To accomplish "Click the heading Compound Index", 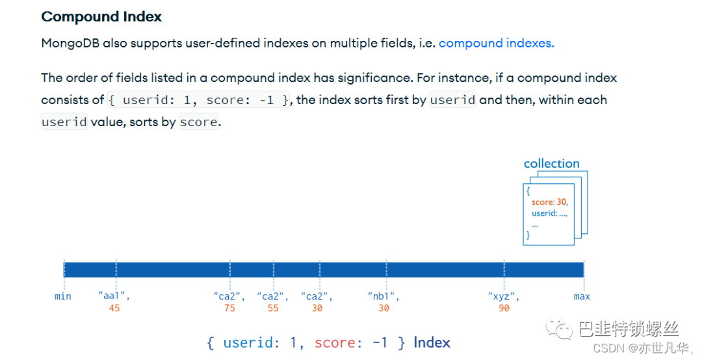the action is click(x=101, y=16).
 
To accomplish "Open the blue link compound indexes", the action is click(x=497, y=43).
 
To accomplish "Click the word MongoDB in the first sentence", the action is click(x=70, y=43).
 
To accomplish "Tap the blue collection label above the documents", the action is click(x=552, y=164).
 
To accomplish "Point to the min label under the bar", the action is click(x=62, y=296).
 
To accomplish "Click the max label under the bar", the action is click(x=582, y=296).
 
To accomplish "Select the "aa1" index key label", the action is click(x=114, y=296).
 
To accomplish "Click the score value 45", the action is click(x=114, y=308).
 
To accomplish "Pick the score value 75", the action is click(x=229, y=308).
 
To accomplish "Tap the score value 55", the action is click(x=273, y=308).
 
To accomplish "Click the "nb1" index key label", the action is click(x=383, y=296).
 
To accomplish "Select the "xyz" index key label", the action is click(x=504, y=296).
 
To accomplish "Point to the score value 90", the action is click(x=504, y=308).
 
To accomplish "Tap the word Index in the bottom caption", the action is click(x=432, y=342).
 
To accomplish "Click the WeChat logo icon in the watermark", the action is click(x=559, y=329).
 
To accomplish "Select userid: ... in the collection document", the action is click(x=549, y=213).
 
